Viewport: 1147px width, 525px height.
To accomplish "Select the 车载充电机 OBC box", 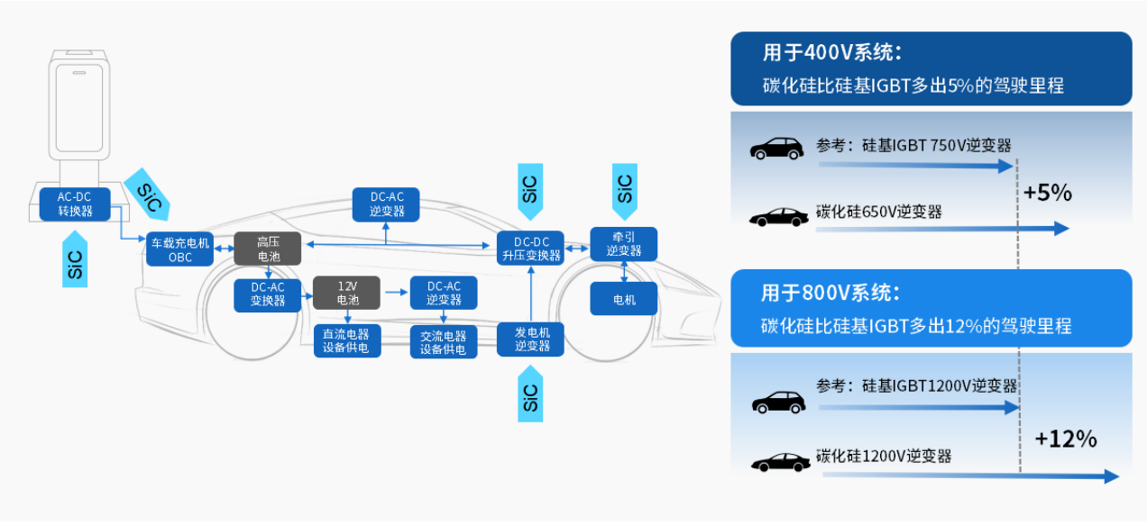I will (180, 249).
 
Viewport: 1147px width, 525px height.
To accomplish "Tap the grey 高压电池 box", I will (268, 249).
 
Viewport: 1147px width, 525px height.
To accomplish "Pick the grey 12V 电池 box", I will (347, 294).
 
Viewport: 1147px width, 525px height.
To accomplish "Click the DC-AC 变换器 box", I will (268, 294).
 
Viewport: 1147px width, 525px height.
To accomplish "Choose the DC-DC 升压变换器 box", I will (531, 249).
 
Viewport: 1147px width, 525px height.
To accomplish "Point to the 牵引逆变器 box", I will (624, 244).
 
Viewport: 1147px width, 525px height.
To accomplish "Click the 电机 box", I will (624, 299).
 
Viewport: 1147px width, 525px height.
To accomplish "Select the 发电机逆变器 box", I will (532, 339).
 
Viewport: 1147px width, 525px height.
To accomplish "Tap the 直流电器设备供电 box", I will (347, 341).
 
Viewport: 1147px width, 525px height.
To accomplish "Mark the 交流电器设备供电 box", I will (443, 341).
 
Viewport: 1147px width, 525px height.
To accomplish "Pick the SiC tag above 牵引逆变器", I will (624, 189).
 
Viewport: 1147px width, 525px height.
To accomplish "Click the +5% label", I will (1047, 193).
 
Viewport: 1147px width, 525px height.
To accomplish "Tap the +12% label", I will (1065, 439).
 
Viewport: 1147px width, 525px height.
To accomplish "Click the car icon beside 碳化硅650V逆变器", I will (778, 217).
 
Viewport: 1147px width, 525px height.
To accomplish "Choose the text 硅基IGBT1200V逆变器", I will (940, 386).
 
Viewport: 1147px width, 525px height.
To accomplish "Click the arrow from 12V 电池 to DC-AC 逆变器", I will (395, 293).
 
